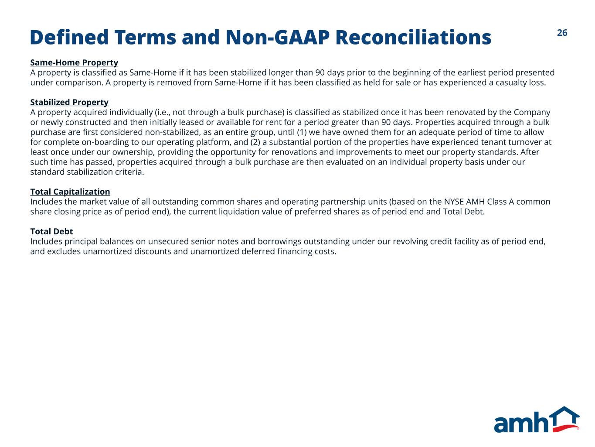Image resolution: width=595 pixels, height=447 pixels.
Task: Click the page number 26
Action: pyautogui.click(x=562, y=33)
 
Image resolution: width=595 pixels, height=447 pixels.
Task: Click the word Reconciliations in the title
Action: pyautogui.click(x=413, y=37)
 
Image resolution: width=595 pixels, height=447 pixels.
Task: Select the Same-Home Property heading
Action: pyautogui.click(x=74, y=63)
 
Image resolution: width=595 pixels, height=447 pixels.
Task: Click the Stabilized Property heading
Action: pyautogui.click(x=69, y=102)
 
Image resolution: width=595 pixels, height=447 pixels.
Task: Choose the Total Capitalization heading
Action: pyautogui.click(x=70, y=192)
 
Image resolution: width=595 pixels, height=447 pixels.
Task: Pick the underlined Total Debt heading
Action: pyautogui.click(x=51, y=231)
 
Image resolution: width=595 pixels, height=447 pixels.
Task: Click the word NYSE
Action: pyautogui.click(x=454, y=202)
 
